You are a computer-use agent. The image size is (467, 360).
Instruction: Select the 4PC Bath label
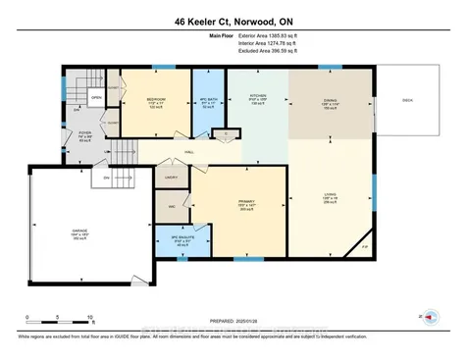(x=206, y=99)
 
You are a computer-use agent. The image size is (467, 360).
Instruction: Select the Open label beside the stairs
(x=96, y=98)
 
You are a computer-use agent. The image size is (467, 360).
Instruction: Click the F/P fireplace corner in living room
(x=364, y=247)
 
